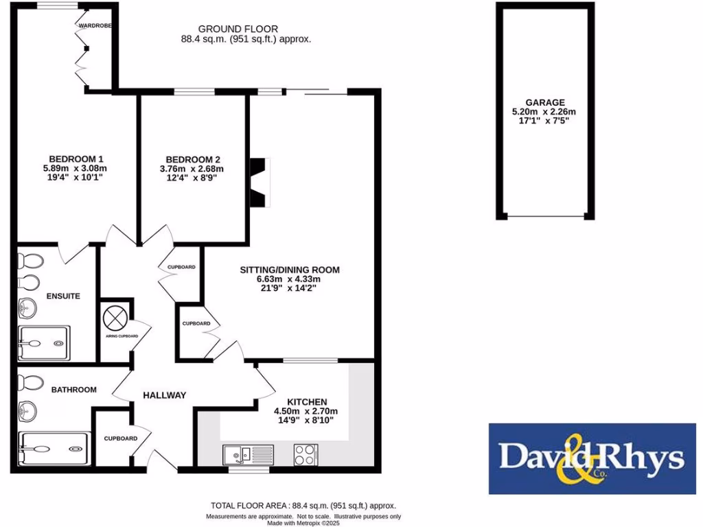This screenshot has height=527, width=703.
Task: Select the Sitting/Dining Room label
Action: (289, 269)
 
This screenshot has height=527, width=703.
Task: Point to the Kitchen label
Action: (307, 401)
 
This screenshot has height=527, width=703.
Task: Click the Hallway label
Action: (164, 395)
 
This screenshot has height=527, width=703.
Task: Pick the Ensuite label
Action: (63, 296)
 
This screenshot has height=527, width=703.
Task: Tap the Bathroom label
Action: (73, 389)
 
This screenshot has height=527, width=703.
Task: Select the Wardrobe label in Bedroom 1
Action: (95, 25)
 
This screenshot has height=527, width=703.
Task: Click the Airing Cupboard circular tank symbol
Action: (115, 316)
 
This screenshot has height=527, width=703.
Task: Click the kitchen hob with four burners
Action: (306, 454)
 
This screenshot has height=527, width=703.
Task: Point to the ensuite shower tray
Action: (44, 342)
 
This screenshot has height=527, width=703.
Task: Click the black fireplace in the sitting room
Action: (258, 183)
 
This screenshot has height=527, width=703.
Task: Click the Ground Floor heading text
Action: (238, 29)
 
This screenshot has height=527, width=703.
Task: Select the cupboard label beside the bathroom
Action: (120, 438)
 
